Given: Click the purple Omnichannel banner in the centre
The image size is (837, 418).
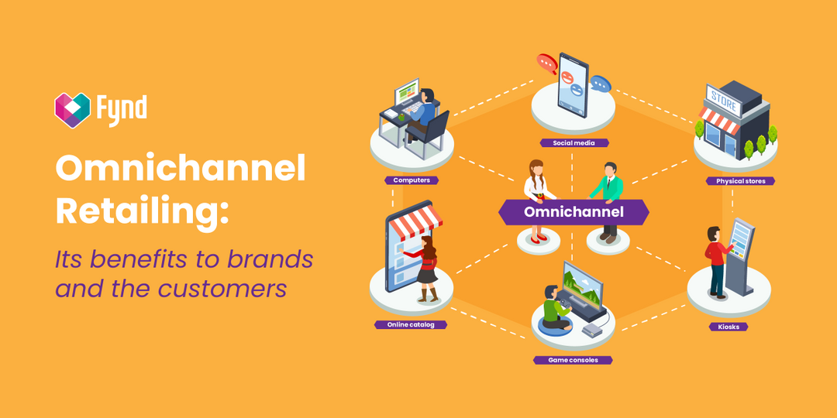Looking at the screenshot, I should [x=573, y=211].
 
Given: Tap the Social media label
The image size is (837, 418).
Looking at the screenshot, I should [x=574, y=143].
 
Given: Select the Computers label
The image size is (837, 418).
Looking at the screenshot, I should [x=412, y=180].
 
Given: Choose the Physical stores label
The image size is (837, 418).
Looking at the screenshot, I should [x=740, y=181].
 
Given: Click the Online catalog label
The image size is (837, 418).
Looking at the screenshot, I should [x=411, y=325].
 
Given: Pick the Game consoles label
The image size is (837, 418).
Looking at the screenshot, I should [x=573, y=360].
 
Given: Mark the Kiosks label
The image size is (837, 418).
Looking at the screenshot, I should [x=728, y=327].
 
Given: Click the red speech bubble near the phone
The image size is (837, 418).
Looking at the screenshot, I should [x=547, y=62].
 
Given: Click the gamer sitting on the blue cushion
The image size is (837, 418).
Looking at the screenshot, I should [x=556, y=310].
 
